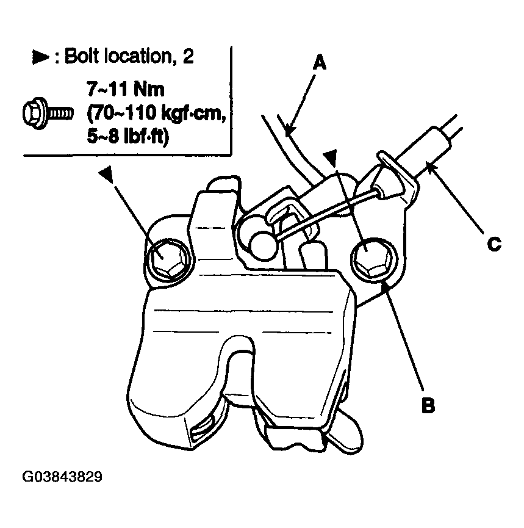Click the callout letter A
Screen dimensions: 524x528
click(320, 63)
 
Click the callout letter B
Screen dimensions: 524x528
click(428, 405)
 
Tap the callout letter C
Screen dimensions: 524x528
click(494, 244)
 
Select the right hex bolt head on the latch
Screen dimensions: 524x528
click(372, 258)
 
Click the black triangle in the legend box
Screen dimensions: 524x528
click(40, 57)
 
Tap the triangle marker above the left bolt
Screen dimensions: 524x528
click(107, 175)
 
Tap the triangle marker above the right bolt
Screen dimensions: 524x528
click(331, 159)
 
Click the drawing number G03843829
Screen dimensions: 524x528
click(62, 477)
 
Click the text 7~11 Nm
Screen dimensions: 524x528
click(126, 89)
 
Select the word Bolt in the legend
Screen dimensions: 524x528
click(82, 56)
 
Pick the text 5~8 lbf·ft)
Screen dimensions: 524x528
click(128, 137)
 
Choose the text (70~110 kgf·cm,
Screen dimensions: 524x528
click(157, 113)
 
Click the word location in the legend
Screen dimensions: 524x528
click(141, 56)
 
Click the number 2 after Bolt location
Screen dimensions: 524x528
click(188, 56)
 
